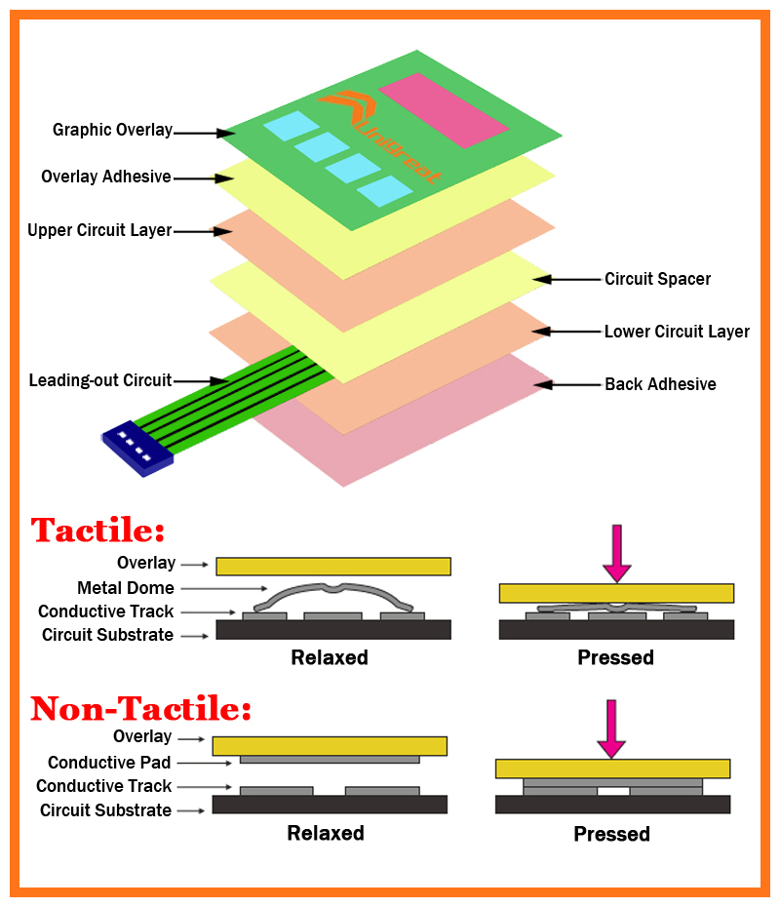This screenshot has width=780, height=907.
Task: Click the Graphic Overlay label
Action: point(112,130)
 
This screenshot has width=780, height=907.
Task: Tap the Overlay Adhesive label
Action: point(106,177)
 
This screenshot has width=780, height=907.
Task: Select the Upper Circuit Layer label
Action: point(99,230)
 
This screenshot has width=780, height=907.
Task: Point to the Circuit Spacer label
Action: point(657,279)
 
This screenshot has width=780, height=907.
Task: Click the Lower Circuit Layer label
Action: point(677,332)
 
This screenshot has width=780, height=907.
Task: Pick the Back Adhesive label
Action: point(660,384)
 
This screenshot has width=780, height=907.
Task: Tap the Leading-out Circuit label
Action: point(100,380)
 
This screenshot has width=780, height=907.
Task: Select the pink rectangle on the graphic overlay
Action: point(443,109)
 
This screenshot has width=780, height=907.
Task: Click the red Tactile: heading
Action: point(97,531)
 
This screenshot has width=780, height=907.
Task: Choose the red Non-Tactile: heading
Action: point(141,708)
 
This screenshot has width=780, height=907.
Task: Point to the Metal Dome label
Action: point(126,588)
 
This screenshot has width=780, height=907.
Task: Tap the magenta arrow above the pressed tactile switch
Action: point(617,552)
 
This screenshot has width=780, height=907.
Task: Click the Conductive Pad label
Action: point(109,763)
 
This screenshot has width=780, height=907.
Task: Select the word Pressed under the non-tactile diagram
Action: point(611,834)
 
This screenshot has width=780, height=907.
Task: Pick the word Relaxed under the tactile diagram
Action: point(330,657)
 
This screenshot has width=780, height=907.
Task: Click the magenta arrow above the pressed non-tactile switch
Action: point(611,728)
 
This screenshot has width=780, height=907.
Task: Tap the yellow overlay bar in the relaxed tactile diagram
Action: point(333,566)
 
